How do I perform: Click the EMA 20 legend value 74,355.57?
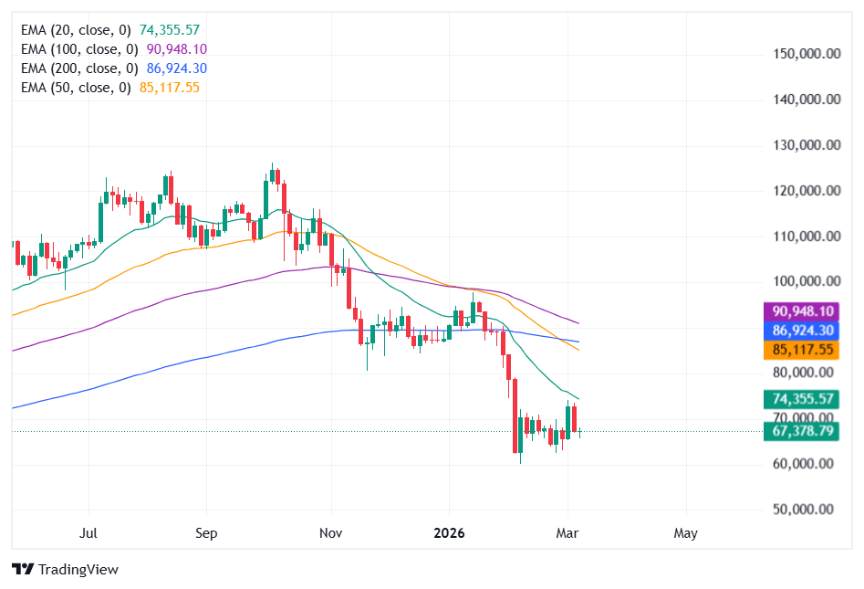coord(170,29)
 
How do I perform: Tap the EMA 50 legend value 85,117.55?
coord(170,87)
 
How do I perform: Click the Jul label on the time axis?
coord(89,533)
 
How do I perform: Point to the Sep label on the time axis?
coord(206,533)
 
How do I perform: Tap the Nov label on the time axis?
coord(331,533)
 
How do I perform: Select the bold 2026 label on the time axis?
coord(449,533)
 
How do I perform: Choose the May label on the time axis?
coord(686,533)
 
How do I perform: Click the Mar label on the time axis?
coord(567,533)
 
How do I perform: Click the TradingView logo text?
coord(78,570)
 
